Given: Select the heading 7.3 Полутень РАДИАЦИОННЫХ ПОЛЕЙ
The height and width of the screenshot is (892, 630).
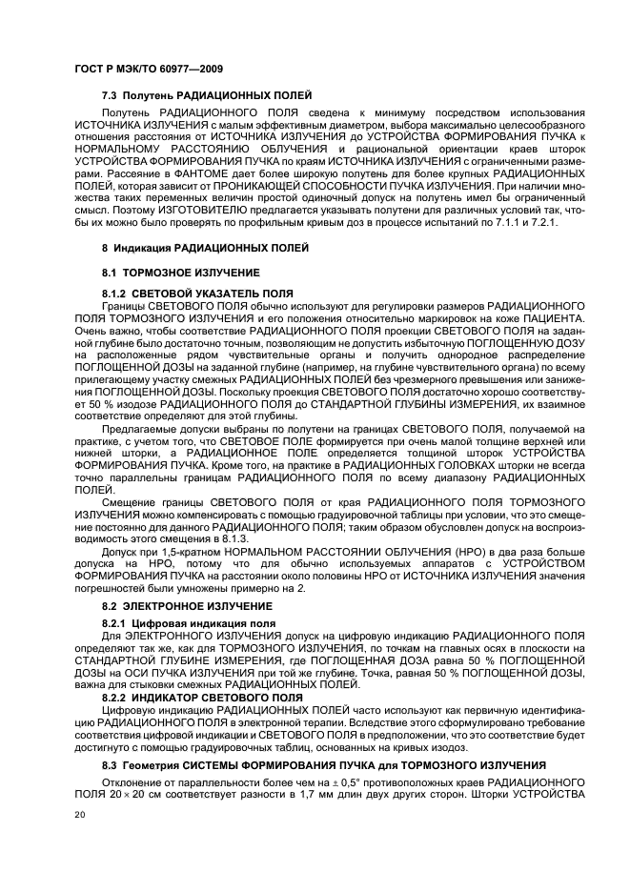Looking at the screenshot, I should tap(207, 96).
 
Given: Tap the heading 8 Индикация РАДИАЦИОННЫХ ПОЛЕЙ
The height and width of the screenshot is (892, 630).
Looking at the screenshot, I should tap(205, 248).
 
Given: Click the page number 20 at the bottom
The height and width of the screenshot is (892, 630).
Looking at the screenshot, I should tap(80, 816).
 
